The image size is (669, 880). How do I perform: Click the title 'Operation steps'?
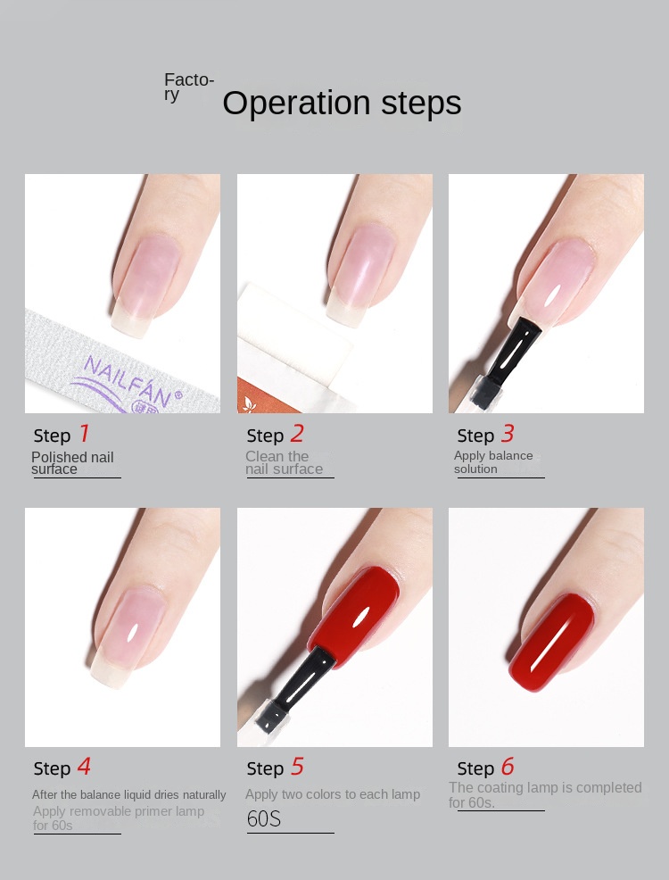pos(342,104)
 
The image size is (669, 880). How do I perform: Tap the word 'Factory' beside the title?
pos(189,87)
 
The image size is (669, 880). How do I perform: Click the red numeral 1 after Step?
pos(84,433)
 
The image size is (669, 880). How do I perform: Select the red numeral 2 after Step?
pos(297,433)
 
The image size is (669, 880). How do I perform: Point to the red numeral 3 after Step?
pos(508,433)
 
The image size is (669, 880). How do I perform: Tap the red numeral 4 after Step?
pos(84,767)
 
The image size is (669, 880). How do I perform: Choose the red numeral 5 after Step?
pos(297,767)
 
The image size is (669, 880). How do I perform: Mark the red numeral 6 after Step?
pos(508,767)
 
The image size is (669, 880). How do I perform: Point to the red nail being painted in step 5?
pos(354,618)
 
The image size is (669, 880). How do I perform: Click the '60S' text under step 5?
pos(263,818)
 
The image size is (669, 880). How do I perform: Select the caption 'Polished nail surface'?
pos(72,463)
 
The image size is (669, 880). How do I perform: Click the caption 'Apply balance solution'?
pos(493,462)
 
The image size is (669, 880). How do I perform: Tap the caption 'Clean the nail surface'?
pos(284,463)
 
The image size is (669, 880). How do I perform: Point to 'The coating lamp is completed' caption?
pos(545,788)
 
